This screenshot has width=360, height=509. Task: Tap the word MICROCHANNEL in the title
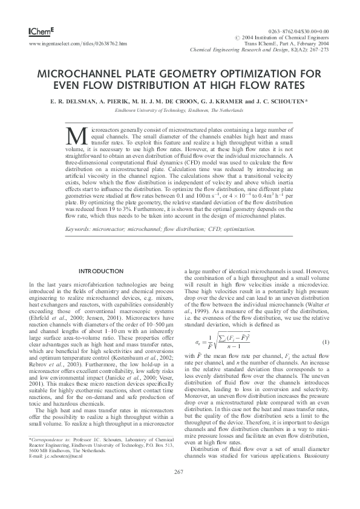(83, 73)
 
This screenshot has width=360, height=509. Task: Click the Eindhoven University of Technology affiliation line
(180, 111)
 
